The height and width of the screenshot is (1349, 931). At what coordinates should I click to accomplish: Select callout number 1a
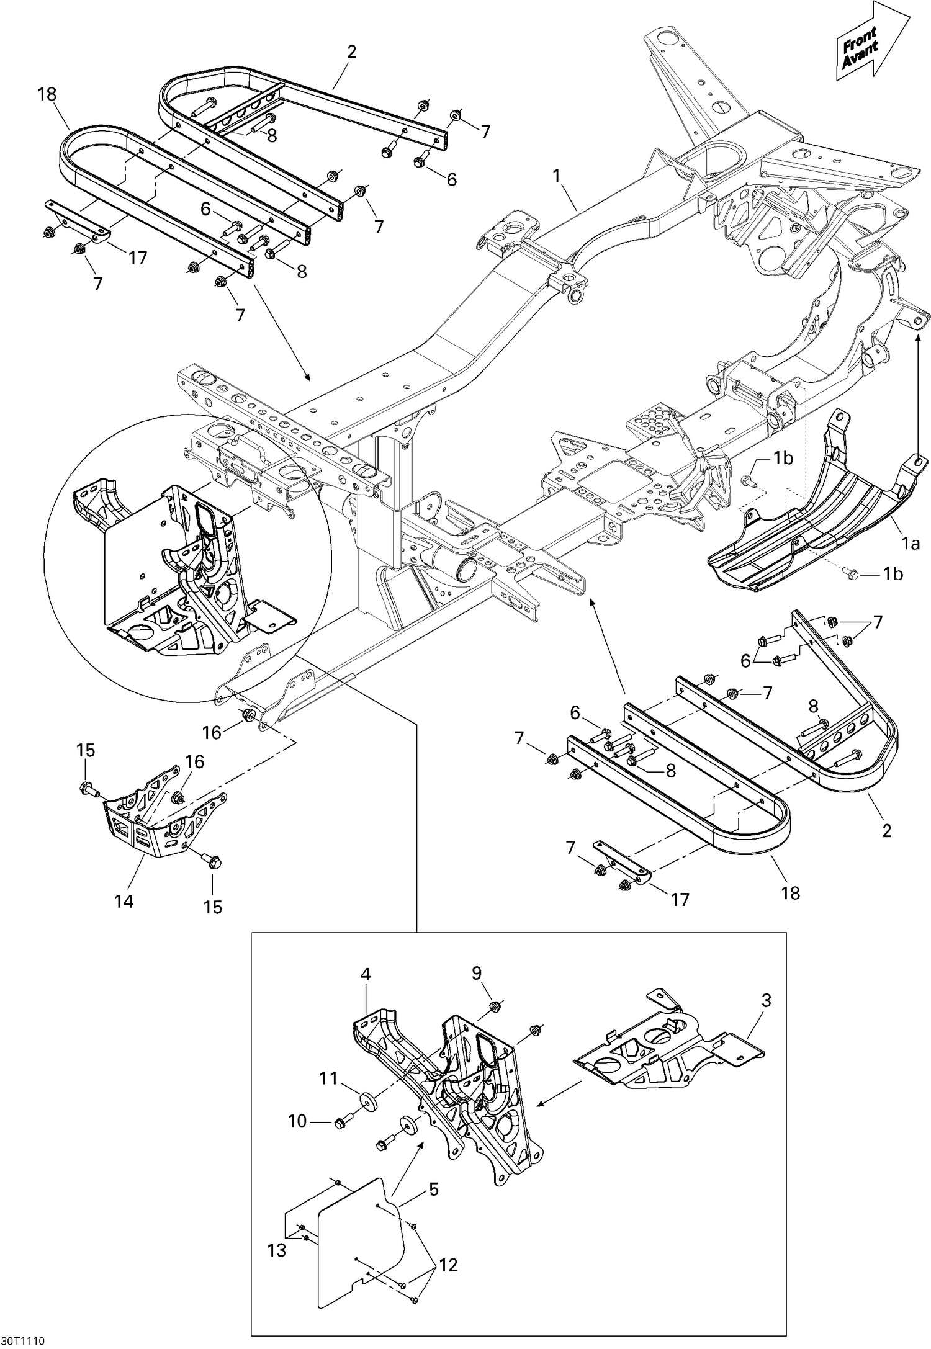click(910, 544)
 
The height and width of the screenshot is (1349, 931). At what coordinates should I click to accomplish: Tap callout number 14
click(124, 900)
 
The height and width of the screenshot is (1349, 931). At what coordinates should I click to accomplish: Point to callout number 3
click(767, 1000)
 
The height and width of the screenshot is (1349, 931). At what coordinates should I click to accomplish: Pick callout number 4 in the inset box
click(366, 974)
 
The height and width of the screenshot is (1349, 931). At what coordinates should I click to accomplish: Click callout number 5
click(433, 1190)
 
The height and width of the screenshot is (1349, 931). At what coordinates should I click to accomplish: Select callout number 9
click(476, 973)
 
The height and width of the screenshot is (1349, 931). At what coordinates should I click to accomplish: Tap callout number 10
click(298, 1121)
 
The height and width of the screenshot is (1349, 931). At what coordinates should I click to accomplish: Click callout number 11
click(328, 1079)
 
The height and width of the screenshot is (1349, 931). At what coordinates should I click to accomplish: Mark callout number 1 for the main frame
click(557, 176)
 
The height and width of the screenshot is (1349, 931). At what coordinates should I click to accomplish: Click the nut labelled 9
click(495, 1005)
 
